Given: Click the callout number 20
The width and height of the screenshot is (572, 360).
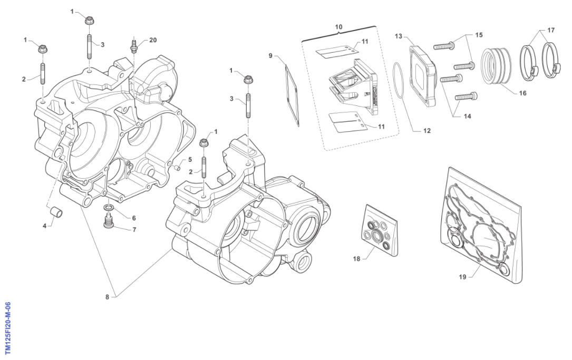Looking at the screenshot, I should coord(153,40).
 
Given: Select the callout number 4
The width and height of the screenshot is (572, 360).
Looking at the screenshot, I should coord(44,226).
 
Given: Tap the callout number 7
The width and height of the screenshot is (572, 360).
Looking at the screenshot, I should coord(134,230).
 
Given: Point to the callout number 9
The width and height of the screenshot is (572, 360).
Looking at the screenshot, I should coord(270,55).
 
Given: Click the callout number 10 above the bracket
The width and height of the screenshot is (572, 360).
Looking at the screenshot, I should coord(338,26).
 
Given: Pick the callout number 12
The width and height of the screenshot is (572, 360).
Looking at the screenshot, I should coord(427,131).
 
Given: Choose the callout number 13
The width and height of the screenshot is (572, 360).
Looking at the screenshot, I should coord(399,36).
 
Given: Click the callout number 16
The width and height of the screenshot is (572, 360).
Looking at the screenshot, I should coord(522,93).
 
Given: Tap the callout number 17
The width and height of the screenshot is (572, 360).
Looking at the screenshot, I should coord(550,31).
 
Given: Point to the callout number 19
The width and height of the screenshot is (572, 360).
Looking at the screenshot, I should coord(462,277).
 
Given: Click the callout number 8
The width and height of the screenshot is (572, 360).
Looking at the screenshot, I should coord(107,297).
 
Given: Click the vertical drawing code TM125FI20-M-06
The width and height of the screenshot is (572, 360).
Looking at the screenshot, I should coord(8,328).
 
